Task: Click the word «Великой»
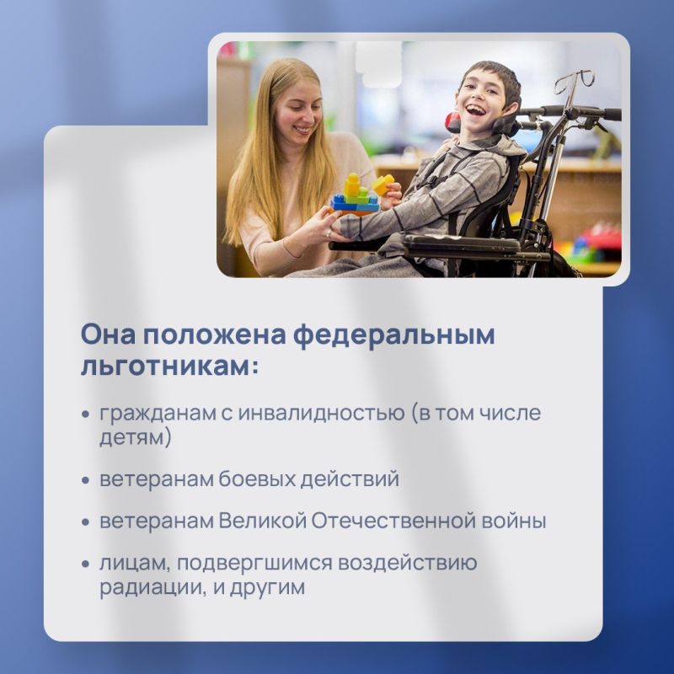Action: point(261,521)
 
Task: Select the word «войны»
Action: point(516,521)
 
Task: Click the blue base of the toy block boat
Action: point(355,205)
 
